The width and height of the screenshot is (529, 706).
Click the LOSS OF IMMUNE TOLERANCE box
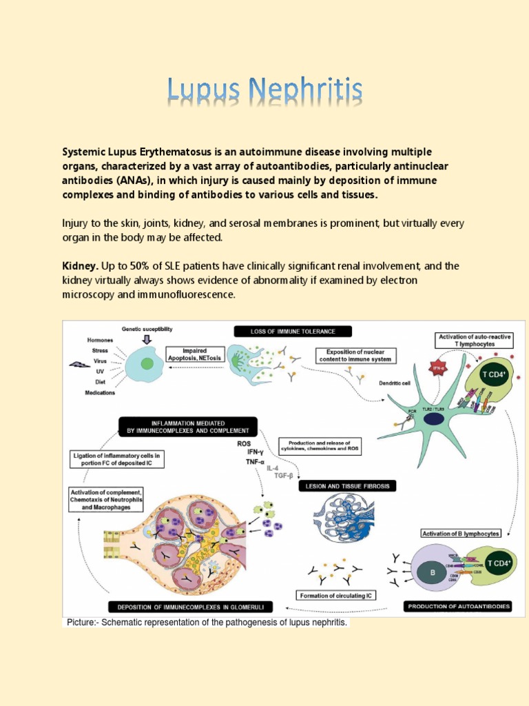coord(293,332)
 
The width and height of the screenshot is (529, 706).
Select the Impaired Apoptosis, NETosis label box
coord(185,354)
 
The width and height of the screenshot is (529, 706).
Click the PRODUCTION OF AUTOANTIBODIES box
coord(458,606)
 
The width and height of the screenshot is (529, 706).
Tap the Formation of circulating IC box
coord(336,595)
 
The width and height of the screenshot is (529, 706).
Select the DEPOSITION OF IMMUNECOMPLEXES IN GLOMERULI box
coord(190,607)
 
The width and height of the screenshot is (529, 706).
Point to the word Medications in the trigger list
coord(100,394)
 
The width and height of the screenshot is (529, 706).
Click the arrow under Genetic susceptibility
coord(146,339)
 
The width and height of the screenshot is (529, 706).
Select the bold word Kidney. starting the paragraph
coord(81,265)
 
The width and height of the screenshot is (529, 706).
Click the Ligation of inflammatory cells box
coord(117,460)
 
